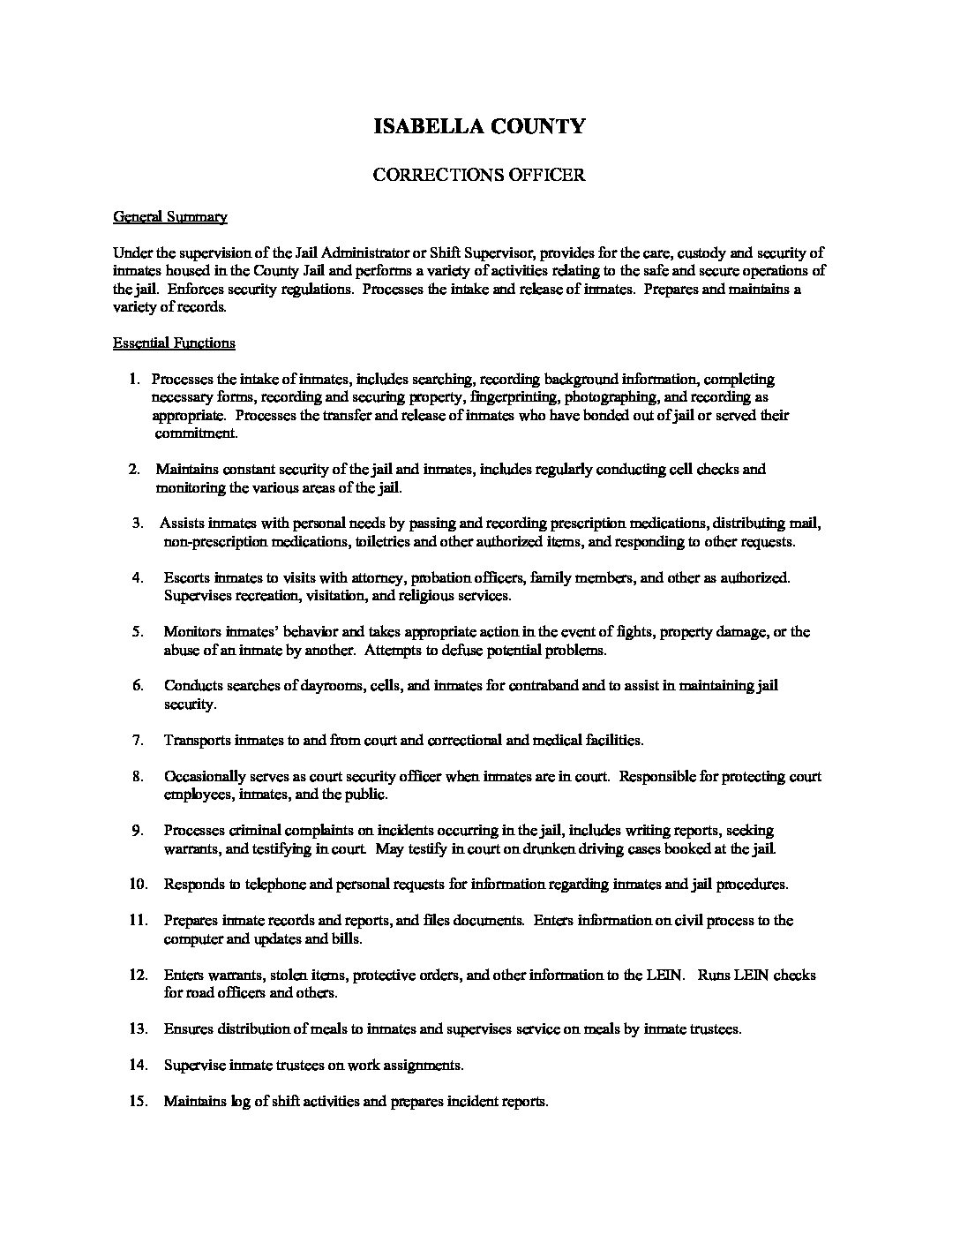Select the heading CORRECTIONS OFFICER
pyautogui.click(x=479, y=175)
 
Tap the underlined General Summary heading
pyautogui.click(x=170, y=217)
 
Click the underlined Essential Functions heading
pyautogui.click(x=174, y=343)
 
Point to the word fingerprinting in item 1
pyautogui.click(x=514, y=397)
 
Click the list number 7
pyautogui.click(x=138, y=741)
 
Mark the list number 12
pyautogui.click(x=138, y=976)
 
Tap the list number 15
pyautogui.click(x=138, y=1102)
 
